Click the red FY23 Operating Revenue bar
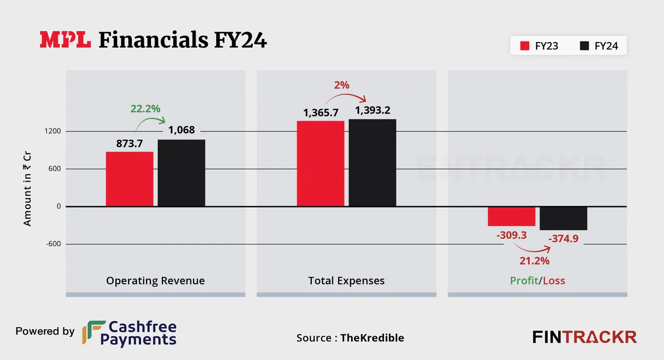click(130, 179)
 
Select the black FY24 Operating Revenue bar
click(182, 173)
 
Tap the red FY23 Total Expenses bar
click(321, 163)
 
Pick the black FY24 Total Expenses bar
click(372, 163)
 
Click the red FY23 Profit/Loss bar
click(511, 216)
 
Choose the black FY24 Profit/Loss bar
click(563, 218)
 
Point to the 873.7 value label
click(130, 144)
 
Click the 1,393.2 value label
click(372, 110)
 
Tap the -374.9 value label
click(563, 238)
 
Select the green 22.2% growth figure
click(145, 109)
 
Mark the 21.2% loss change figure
click(534, 261)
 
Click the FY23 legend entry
click(539, 46)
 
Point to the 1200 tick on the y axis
click(53, 131)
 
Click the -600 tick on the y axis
click(53, 244)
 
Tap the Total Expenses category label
click(347, 281)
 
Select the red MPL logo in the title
click(66, 40)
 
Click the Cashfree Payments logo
click(130, 333)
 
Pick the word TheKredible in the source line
click(372, 338)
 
